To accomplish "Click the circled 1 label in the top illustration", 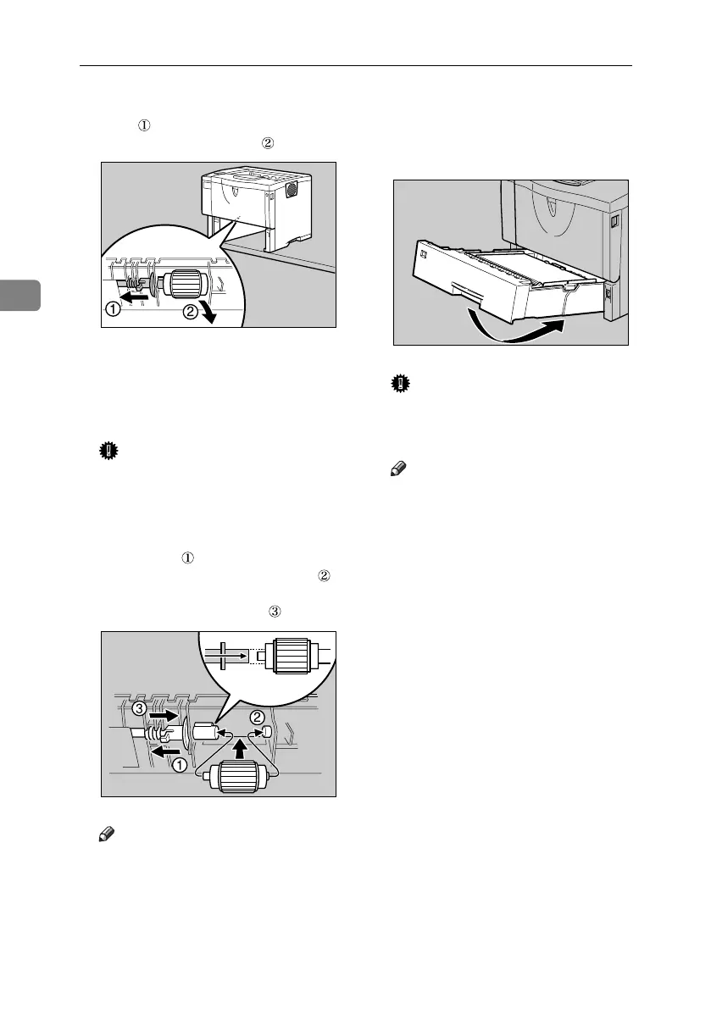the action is [x=113, y=309].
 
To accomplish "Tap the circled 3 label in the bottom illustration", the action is [x=137, y=708].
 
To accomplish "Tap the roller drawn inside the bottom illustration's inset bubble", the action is [x=285, y=656].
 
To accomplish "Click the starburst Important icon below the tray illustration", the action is [x=399, y=385].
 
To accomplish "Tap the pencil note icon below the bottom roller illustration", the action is [x=108, y=835].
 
